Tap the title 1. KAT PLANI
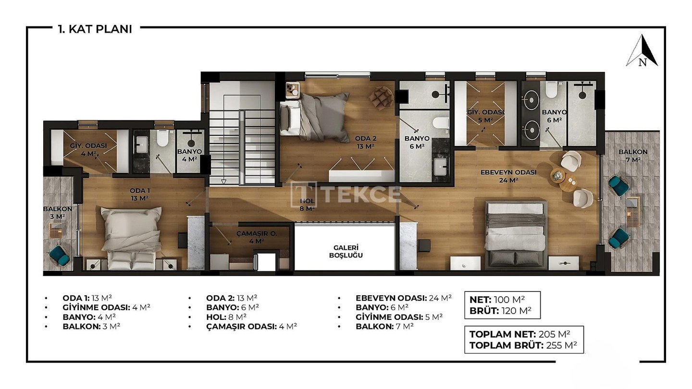tap(95, 29)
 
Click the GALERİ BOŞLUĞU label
tap(346, 251)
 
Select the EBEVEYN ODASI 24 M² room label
tap(508, 176)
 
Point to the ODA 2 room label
tap(366, 142)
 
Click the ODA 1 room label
tap(140, 194)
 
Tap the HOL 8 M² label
tap(307, 205)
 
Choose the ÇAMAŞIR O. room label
tap(257, 237)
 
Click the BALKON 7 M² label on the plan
tap(633, 156)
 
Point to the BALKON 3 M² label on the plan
tap(58, 212)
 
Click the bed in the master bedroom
tap(515, 235)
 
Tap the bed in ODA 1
tap(131, 238)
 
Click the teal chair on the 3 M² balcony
tap(59, 256)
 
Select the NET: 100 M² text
tap(497, 300)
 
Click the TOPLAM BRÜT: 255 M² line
tap(523, 345)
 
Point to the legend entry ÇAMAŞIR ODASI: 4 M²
tap(251, 327)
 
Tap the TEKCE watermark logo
tap(346, 194)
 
